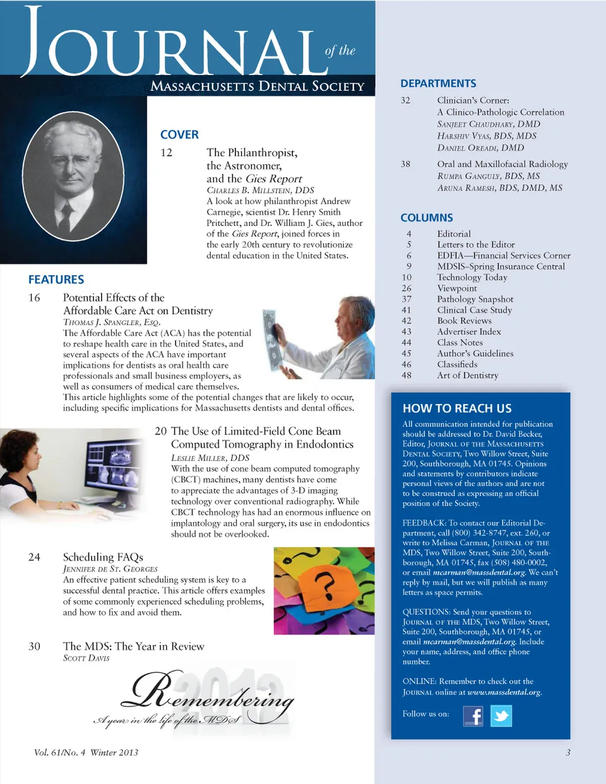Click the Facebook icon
click(x=473, y=716)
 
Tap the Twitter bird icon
click(x=501, y=716)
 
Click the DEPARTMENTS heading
click(x=438, y=83)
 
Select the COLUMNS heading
click(x=427, y=218)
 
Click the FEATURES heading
click(x=56, y=280)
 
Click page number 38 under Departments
click(x=405, y=164)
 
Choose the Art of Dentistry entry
click(x=468, y=376)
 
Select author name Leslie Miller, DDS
click(x=210, y=458)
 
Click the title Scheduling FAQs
click(x=103, y=557)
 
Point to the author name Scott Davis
click(x=86, y=658)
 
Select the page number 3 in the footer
click(x=568, y=752)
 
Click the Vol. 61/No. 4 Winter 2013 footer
click(x=86, y=752)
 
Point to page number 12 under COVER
click(x=167, y=153)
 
